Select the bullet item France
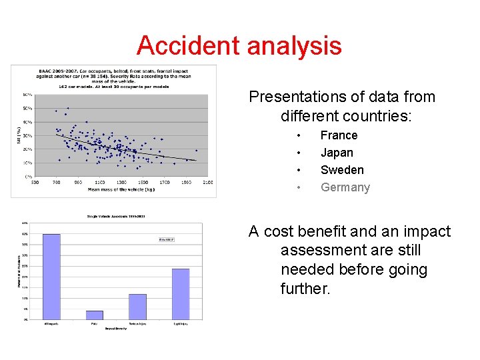(x=339, y=135)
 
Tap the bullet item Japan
(x=337, y=153)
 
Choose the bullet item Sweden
(x=342, y=170)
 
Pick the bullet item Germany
(x=345, y=187)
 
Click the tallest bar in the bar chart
(x=51, y=276)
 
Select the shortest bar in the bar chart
(x=95, y=315)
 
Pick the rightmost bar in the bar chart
(x=181, y=293)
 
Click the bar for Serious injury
(x=137, y=306)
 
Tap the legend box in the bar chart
(x=165, y=239)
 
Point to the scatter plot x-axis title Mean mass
(x=121, y=189)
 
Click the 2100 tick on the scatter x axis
(x=207, y=182)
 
